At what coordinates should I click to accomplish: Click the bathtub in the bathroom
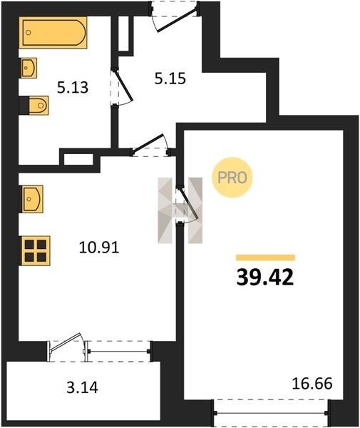pyautogui.click(x=53, y=33)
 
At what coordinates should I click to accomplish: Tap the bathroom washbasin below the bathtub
pyautogui.click(x=29, y=68)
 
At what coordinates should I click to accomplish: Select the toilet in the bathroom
pyautogui.click(x=38, y=106)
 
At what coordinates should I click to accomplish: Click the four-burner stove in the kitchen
pyautogui.click(x=36, y=250)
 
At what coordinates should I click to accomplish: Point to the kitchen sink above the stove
pyautogui.click(x=32, y=199)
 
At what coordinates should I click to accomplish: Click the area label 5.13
pyautogui.click(x=73, y=88)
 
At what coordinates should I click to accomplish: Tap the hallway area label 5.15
pyautogui.click(x=170, y=78)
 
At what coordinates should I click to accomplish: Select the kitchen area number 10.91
pyautogui.click(x=99, y=248)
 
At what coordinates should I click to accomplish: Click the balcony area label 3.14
pyautogui.click(x=82, y=387)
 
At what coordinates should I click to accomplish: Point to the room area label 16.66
pyautogui.click(x=312, y=383)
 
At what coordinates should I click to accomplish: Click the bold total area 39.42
pyautogui.click(x=265, y=277)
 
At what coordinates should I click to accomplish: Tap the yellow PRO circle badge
pyautogui.click(x=232, y=178)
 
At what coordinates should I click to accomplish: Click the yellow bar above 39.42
pyautogui.click(x=266, y=258)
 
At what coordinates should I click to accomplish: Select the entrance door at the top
pyautogui.click(x=178, y=20)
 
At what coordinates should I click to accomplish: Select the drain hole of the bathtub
pyautogui.click(x=29, y=33)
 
